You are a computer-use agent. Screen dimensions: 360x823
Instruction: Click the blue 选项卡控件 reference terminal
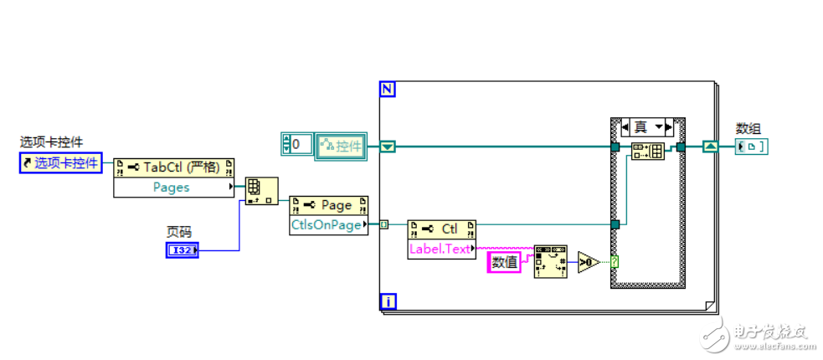point(60,163)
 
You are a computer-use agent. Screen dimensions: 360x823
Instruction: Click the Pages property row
point(172,188)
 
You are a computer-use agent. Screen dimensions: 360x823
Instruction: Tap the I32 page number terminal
point(182,249)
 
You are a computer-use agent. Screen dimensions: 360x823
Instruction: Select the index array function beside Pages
point(260,192)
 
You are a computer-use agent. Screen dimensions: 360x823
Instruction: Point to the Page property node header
point(328,205)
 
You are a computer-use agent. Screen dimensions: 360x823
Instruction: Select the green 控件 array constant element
point(341,146)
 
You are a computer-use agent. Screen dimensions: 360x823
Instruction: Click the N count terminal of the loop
point(388,89)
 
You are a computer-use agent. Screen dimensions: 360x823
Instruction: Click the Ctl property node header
point(441,229)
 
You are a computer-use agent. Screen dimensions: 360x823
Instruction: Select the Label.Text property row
point(440,249)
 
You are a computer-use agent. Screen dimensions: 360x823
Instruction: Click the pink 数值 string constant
point(504,262)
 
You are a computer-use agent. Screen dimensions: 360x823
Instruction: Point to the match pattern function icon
point(550,262)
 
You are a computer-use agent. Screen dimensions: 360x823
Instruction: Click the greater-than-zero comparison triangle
point(589,262)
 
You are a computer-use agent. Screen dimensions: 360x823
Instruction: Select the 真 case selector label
point(641,127)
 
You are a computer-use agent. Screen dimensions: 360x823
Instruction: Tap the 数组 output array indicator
point(752,147)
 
